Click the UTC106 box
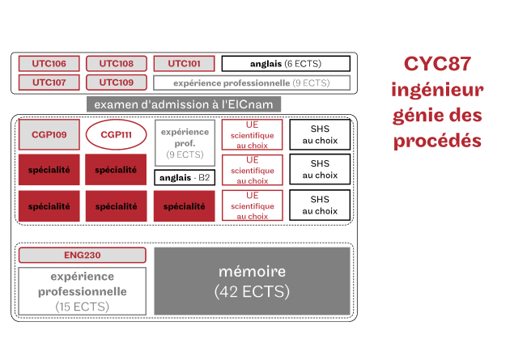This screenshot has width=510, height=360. (49, 63)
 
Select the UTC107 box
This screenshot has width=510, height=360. (49, 83)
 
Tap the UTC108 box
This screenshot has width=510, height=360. (117, 63)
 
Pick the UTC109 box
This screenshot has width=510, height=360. (117, 83)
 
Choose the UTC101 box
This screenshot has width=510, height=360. (184, 63)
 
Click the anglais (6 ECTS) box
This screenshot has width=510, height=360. (286, 64)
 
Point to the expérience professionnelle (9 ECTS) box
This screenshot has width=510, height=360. (252, 83)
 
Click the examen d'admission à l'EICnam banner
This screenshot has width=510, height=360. (184, 104)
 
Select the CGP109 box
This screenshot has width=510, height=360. (49, 134)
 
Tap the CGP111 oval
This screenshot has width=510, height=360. (116, 134)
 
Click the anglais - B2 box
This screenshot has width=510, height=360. (185, 178)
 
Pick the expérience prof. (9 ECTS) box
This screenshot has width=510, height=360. (185, 143)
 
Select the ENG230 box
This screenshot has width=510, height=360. (83, 255)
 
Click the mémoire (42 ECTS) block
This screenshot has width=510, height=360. (252, 281)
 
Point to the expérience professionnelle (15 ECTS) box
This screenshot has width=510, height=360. (83, 291)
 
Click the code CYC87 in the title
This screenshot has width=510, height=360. (437, 64)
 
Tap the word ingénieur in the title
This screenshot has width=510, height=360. (437, 90)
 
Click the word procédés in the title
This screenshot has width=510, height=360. (437, 142)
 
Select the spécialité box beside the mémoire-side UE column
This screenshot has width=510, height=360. (184, 206)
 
